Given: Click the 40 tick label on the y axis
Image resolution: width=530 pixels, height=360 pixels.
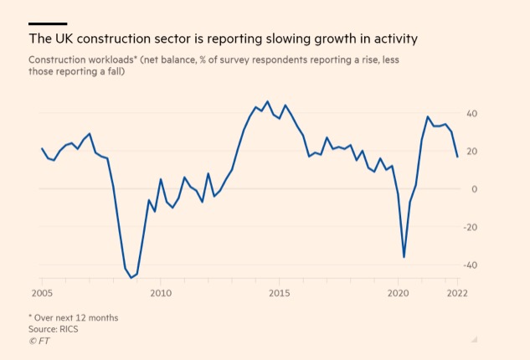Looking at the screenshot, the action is coord(472,114).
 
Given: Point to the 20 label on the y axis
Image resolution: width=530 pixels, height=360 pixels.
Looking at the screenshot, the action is coord(472,152).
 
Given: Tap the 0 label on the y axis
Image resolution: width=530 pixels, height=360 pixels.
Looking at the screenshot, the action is coord(475,189).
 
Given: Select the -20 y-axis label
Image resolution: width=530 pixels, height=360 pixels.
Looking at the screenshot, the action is coord(471,227).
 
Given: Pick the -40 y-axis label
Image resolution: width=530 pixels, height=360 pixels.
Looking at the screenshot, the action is coord(471,265).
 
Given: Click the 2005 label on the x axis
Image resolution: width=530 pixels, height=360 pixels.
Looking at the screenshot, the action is coord(42,293).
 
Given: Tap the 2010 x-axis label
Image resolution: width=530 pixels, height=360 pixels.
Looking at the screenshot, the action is coord(161,293).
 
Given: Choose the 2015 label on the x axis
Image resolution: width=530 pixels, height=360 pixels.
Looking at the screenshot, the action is coord(280,293).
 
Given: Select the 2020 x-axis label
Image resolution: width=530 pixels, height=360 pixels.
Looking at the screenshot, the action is coord(399,293).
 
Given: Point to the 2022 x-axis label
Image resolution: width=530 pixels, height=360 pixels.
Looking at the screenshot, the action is coord(457,293).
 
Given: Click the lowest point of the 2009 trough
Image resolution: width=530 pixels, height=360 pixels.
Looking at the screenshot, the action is coord(131,278).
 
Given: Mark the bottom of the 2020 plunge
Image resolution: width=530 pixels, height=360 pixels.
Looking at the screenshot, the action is coord(404,257).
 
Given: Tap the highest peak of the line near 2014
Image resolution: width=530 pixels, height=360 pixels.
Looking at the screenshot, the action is coord(268,101).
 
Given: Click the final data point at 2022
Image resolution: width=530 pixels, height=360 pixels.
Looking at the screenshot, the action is coord(457,157).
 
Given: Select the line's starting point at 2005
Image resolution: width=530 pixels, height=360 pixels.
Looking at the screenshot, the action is coord(42,148).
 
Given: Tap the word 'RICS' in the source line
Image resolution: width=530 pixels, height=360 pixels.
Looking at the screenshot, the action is coord(69,329).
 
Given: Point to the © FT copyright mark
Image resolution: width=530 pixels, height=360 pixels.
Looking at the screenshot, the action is coord(39,341).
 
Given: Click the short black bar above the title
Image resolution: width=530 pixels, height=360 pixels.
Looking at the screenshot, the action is coord(48,23).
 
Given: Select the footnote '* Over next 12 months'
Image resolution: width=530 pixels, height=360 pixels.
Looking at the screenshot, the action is coord(74,318).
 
